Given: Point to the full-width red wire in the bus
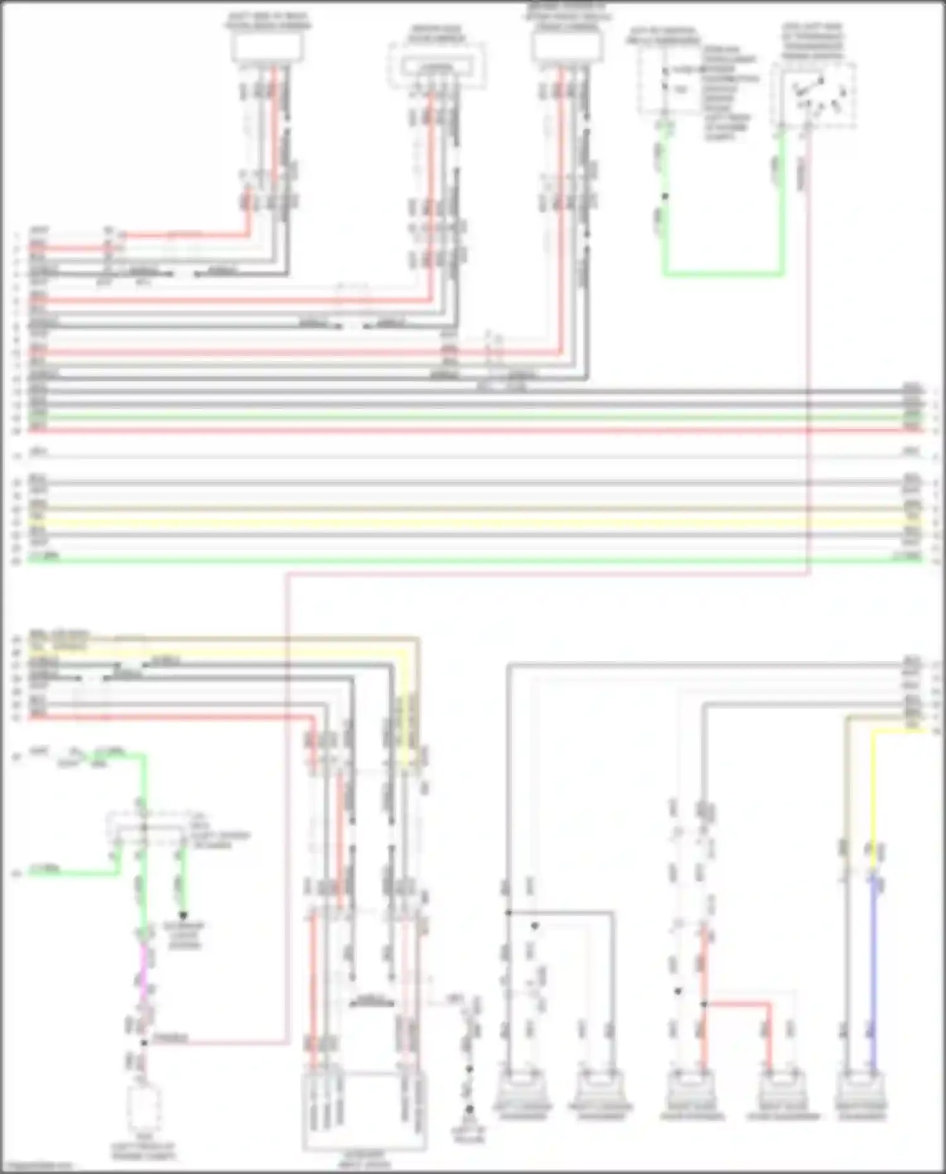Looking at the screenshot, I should (x=473, y=431).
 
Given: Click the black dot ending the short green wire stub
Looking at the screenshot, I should (x=184, y=915).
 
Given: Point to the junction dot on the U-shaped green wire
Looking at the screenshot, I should (x=664, y=197).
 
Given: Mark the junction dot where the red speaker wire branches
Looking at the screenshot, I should (x=704, y=1004).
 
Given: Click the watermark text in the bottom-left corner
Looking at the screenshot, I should (x=38, y=1167).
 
